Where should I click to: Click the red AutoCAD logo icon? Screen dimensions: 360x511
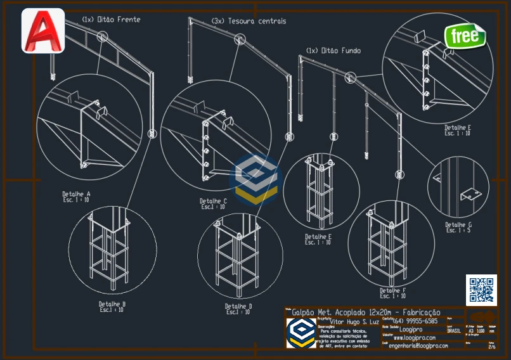[43, 30]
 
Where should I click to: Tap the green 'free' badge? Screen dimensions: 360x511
[465, 36]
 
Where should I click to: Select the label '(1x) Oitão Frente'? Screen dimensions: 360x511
[111, 20]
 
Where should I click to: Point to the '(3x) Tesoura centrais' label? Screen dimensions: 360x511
[249, 21]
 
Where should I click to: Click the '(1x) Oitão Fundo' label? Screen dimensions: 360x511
[333, 50]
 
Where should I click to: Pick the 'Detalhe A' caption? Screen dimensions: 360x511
[76, 194]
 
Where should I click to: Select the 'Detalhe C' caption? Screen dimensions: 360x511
[212, 202]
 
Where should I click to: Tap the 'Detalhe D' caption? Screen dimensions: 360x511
[238, 306]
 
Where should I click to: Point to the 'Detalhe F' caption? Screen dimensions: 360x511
[393, 291]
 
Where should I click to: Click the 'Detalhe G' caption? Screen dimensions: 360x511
[458, 224]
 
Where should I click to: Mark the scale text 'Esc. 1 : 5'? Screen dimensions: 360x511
[458, 231]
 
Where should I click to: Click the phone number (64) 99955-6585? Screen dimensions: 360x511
[415, 321]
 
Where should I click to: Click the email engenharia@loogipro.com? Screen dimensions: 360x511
[418, 346]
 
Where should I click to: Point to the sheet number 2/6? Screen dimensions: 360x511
[492, 347]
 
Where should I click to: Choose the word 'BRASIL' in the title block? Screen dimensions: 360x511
[454, 330]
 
